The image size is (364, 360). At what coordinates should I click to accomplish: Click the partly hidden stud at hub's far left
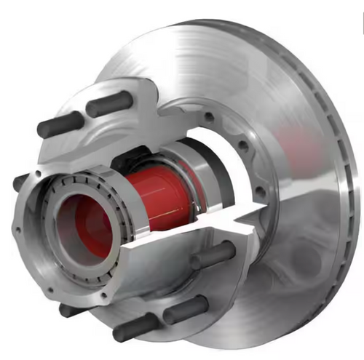coord(20,182)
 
